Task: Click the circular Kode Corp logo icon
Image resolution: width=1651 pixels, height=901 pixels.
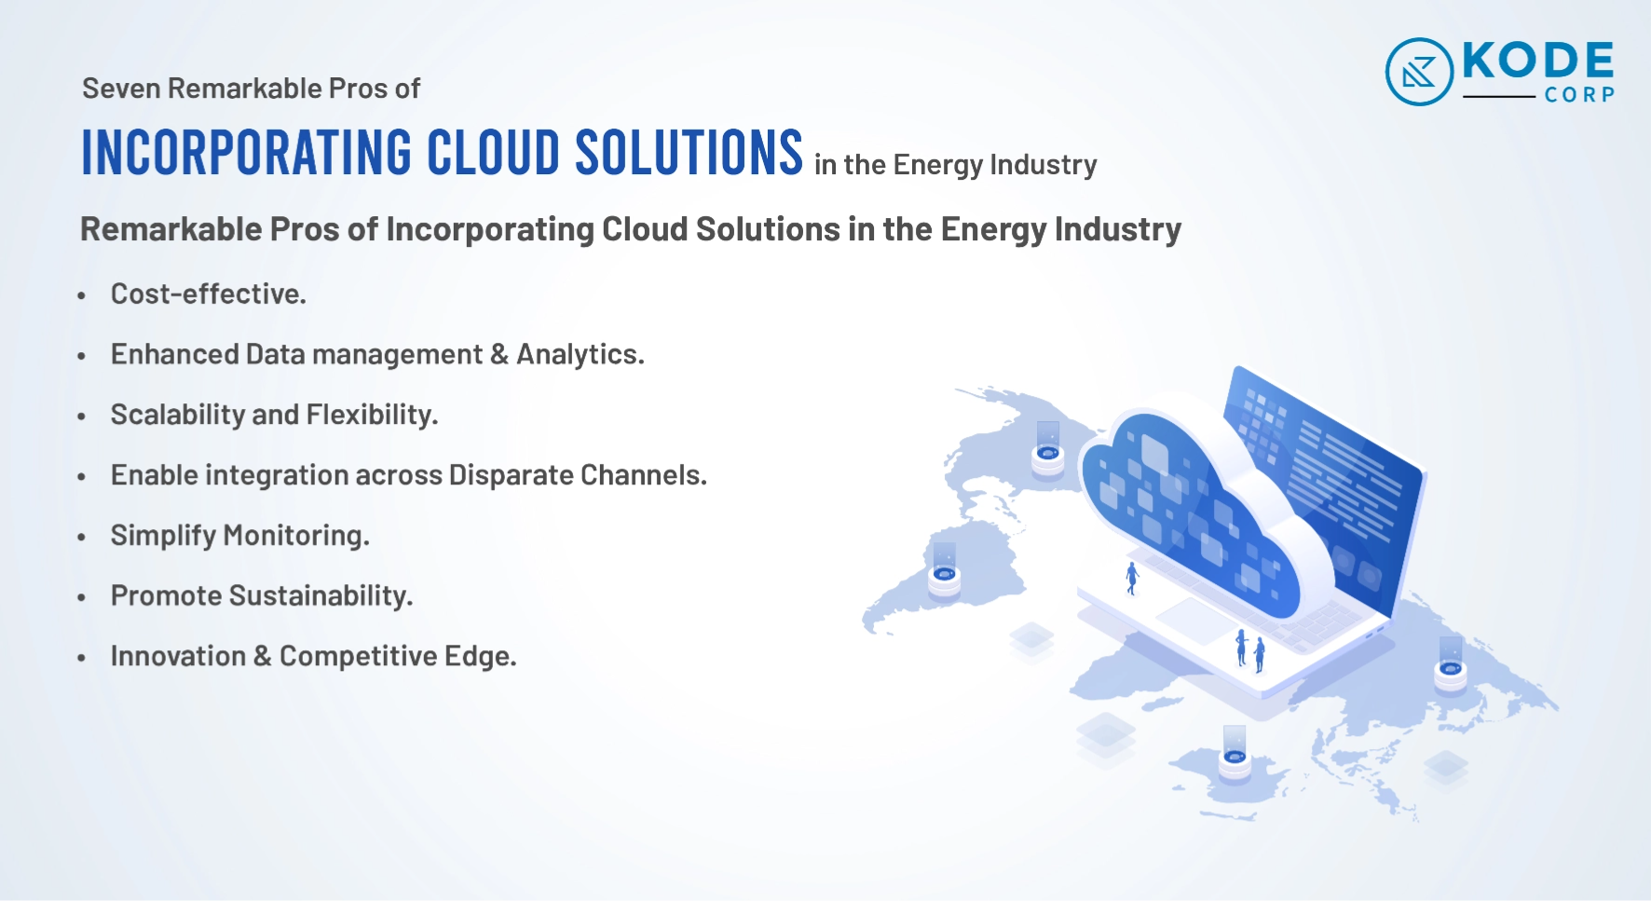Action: [x=1419, y=72]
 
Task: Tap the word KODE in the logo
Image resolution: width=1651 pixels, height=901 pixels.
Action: [x=1538, y=61]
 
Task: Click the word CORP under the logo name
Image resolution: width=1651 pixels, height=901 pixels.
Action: [x=1579, y=94]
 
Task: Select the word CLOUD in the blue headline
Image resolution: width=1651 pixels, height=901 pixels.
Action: [x=494, y=152]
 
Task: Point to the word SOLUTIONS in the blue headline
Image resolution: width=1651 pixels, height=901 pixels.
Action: [x=689, y=152]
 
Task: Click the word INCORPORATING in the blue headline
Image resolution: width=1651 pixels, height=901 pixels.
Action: [x=247, y=152]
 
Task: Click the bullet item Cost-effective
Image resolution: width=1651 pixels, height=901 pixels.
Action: [x=209, y=294]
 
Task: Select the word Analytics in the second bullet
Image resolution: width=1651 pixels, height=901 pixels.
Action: [x=580, y=355]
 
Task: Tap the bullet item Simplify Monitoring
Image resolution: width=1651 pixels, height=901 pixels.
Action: [x=240, y=536]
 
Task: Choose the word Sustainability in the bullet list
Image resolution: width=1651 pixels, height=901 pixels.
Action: [x=321, y=596]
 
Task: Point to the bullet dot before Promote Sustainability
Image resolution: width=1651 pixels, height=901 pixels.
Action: [x=82, y=598]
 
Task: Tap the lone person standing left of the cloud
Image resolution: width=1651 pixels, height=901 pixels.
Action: [x=1132, y=578]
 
